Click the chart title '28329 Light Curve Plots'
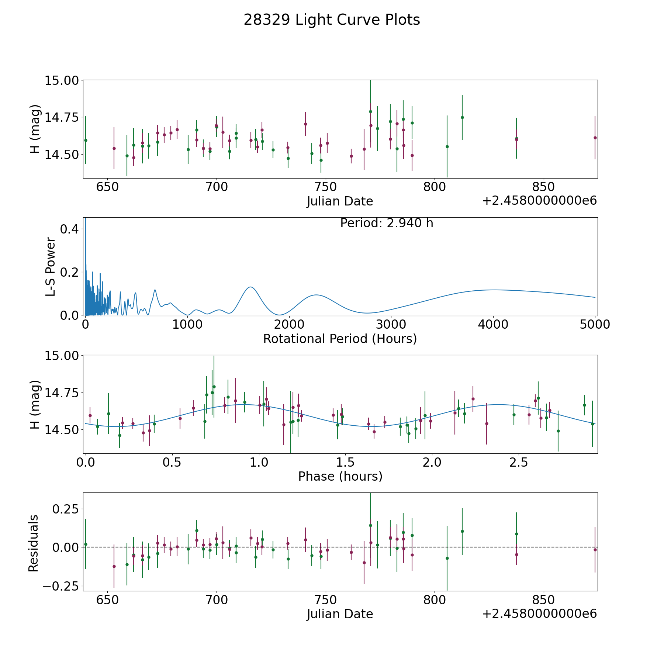[332, 20]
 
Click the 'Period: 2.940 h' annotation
[386, 223]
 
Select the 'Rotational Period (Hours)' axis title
[340, 339]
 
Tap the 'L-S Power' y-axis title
[51, 267]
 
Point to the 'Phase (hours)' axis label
[340, 476]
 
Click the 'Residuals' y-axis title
[34, 543]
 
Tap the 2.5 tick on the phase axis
[519, 462]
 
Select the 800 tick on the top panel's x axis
[434, 187]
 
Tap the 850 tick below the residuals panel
[543, 600]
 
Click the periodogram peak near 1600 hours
[250, 287]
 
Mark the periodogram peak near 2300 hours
[317, 295]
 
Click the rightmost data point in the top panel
[595, 138]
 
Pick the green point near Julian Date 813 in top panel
[462, 117]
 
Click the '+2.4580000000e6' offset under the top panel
[539, 201]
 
